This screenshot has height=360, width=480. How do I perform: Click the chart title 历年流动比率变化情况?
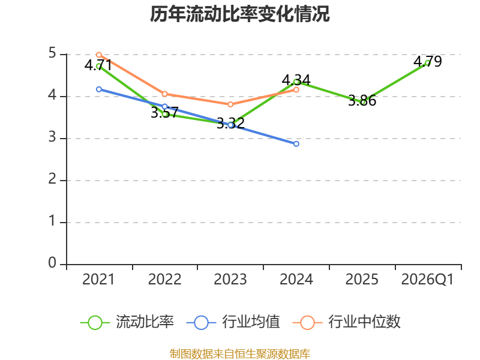tap(239, 14)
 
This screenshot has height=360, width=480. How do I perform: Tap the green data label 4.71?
tap(98, 65)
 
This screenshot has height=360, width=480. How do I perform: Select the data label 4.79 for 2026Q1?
tap(428, 62)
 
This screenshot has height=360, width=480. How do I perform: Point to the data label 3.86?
tap(362, 100)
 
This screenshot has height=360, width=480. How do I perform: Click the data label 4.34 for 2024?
tap(296, 80)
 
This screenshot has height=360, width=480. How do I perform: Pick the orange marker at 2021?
tap(99, 55)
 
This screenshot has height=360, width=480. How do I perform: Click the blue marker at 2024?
tap(296, 144)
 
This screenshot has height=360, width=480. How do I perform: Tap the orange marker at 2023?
tap(230, 104)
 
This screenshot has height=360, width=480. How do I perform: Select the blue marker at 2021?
tap(99, 89)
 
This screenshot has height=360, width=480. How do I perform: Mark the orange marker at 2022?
tap(164, 94)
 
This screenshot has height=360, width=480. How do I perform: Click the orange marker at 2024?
tap(296, 89)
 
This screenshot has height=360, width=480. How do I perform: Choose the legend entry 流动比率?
tap(127, 322)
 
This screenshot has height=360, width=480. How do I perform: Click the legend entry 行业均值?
tap(233, 322)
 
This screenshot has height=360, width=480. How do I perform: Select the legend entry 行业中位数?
tap(347, 322)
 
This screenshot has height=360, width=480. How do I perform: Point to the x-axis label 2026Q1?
tap(427, 280)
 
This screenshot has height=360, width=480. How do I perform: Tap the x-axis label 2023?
tap(230, 280)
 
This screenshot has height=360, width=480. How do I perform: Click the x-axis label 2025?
tap(362, 280)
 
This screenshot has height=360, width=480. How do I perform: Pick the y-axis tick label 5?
tap(52, 53)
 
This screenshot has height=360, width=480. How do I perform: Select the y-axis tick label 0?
tap(52, 263)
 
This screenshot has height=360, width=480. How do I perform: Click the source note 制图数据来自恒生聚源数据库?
tap(239, 354)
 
